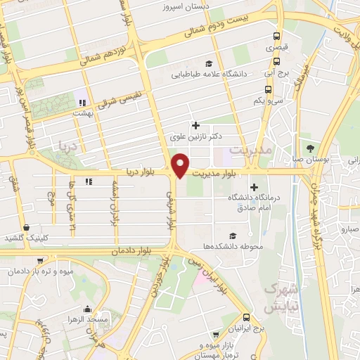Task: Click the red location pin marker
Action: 180,164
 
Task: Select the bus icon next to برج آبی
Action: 268,63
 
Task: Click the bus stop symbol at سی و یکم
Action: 268,89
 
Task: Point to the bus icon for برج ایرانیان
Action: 246,318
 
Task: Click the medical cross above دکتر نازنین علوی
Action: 196,125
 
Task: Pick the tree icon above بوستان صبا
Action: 311,147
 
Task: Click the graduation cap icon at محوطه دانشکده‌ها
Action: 233,236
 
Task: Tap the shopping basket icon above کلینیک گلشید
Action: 27,228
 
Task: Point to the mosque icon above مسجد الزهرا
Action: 86,309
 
